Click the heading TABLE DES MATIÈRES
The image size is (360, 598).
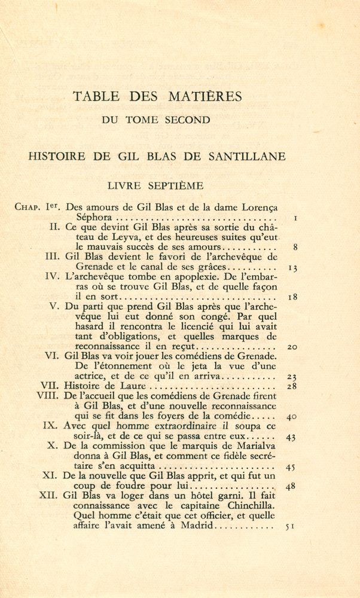[157, 96]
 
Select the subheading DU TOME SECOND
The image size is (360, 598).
[156, 120]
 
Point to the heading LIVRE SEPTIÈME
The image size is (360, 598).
[155, 186]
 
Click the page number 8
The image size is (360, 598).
[295, 246]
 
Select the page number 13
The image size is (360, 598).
[292, 268]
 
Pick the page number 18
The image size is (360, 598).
[292, 297]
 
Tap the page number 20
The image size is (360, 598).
[292, 347]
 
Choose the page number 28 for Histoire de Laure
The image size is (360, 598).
[292, 386]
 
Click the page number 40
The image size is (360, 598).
[292, 417]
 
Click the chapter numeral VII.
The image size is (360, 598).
[49, 386]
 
